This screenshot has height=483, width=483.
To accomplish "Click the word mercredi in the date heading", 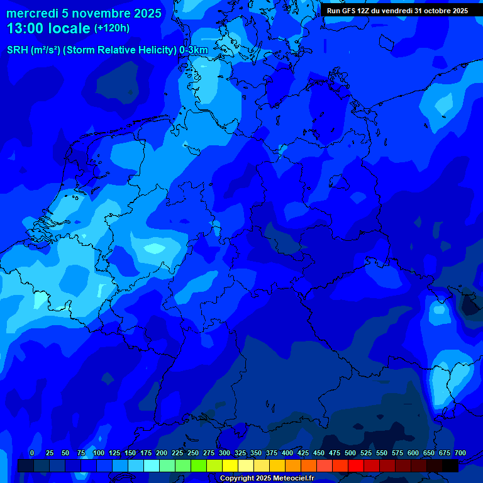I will (31, 13).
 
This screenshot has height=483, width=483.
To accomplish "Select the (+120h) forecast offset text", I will (112, 28).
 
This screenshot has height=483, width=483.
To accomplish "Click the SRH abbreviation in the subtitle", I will (18, 50).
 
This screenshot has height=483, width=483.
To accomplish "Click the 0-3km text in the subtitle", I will (194, 50).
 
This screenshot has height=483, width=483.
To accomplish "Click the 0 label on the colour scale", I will (32, 453).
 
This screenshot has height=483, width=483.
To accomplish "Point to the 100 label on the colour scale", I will (99, 453).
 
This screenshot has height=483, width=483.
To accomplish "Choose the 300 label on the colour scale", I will (225, 453).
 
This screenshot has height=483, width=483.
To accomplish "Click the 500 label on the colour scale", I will (350, 453).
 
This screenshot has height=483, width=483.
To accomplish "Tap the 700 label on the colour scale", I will (460, 453).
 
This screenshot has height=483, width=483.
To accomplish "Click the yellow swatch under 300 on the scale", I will (230, 466).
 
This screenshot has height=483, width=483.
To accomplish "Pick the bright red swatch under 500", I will (356, 466).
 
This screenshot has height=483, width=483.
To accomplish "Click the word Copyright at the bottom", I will (238, 479).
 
